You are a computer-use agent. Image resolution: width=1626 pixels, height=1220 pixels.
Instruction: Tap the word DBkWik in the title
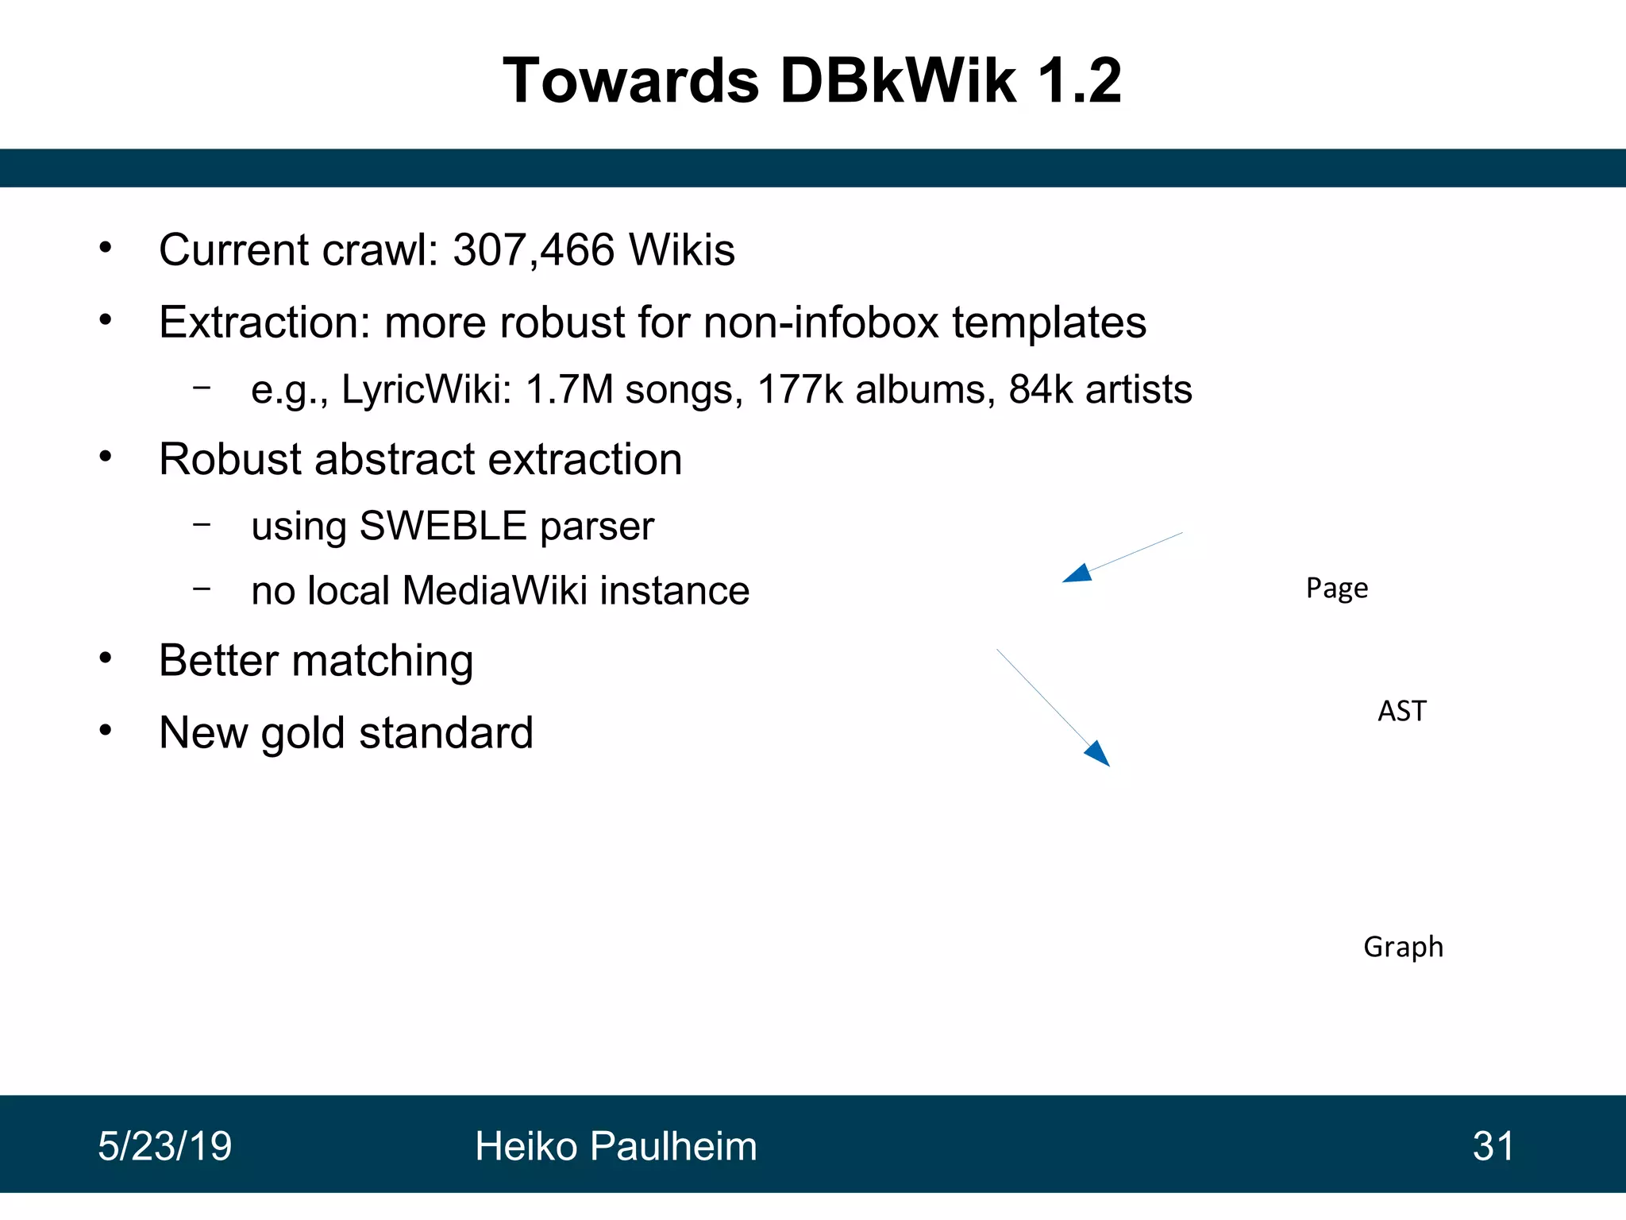pyautogui.click(x=898, y=81)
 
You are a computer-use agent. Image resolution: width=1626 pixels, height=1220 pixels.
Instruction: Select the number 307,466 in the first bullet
pyautogui.click(x=534, y=250)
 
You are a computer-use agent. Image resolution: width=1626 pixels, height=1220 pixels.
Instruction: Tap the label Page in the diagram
pyautogui.click(x=1337, y=589)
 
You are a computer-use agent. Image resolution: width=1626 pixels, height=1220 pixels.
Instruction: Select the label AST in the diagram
pyautogui.click(x=1402, y=711)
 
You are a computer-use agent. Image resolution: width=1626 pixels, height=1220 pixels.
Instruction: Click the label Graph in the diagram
pyautogui.click(x=1403, y=947)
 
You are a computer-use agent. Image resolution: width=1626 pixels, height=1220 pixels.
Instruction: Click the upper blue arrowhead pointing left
pyautogui.click(x=1077, y=573)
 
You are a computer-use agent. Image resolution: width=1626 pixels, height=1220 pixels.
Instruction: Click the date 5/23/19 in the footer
pyautogui.click(x=164, y=1146)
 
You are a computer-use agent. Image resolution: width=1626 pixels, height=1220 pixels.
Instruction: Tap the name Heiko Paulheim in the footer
pyautogui.click(x=615, y=1146)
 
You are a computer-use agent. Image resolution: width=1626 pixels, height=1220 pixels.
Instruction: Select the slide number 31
pyautogui.click(x=1493, y=1146)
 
